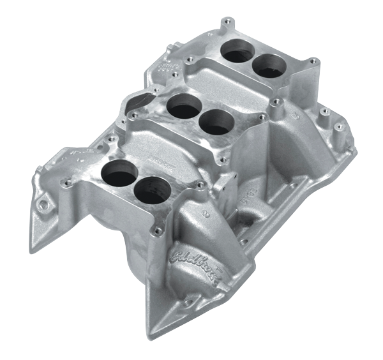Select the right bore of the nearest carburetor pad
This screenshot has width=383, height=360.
[x=151, y=189]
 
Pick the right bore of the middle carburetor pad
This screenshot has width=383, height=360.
[x=216, y=121]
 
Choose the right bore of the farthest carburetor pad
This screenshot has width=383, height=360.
[x=269, y=65]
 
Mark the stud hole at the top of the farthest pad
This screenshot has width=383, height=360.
[x=226, y=23]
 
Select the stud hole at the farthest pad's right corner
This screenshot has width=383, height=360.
[x=313, y=62]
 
